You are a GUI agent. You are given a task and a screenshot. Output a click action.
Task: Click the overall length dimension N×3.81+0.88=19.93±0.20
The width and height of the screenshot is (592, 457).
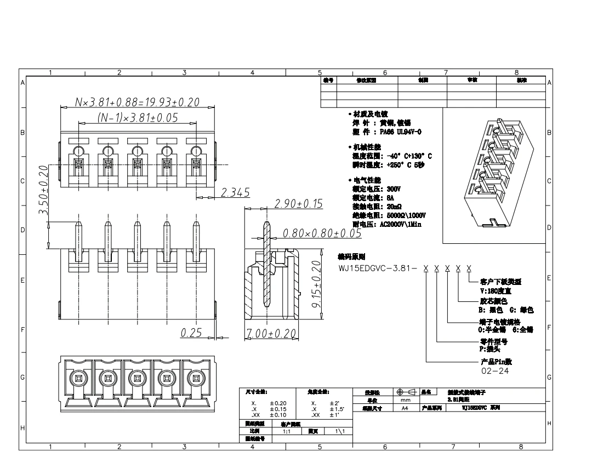point(137,102)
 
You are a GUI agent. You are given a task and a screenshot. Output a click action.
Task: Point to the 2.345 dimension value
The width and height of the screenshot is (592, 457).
point(235,192)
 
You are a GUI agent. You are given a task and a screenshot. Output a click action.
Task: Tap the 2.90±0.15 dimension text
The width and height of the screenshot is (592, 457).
point(298,204)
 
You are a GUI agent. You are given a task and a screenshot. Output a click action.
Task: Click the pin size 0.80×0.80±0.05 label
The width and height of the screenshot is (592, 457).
point(322,233)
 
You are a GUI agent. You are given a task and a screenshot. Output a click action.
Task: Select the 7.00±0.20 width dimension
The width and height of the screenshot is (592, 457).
point(270,333)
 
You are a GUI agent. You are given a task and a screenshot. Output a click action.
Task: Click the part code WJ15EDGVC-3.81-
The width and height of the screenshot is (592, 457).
point(378,269)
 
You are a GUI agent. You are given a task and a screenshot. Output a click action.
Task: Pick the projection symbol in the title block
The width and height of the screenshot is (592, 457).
point(406,392)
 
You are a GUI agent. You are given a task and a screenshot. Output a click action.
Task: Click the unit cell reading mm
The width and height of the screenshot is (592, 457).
point(405,401)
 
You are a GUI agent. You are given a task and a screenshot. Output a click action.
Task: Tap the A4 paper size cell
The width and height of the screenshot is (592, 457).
point(405,408)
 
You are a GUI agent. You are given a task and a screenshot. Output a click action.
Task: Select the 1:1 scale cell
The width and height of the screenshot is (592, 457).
point(286,431)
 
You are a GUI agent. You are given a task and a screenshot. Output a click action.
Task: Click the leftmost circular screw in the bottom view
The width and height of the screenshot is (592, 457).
point(77,378)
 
